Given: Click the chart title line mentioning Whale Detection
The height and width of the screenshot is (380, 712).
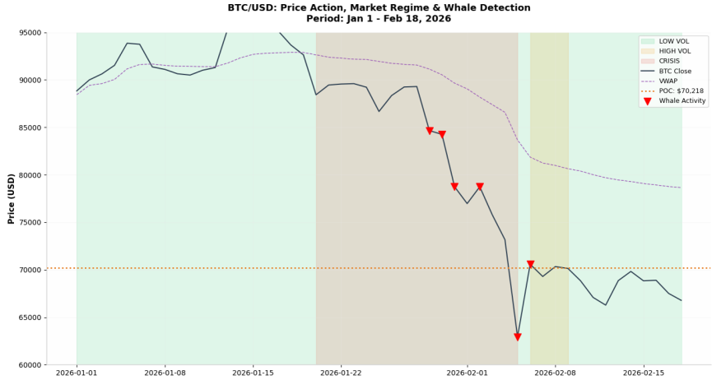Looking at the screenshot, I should pos(356,7).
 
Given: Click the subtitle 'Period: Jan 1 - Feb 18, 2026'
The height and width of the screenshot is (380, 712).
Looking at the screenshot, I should pos(356,18).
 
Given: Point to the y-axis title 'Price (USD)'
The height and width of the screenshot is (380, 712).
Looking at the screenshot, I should pos(12,198).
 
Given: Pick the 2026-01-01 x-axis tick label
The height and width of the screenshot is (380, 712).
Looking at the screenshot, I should pos(77,373).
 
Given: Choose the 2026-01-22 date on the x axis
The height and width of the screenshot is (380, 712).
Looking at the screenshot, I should pos(340,373).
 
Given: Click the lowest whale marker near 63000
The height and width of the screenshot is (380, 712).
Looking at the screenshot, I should pos(518,337).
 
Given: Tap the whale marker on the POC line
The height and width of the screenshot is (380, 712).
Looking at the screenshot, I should pos(530,265).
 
